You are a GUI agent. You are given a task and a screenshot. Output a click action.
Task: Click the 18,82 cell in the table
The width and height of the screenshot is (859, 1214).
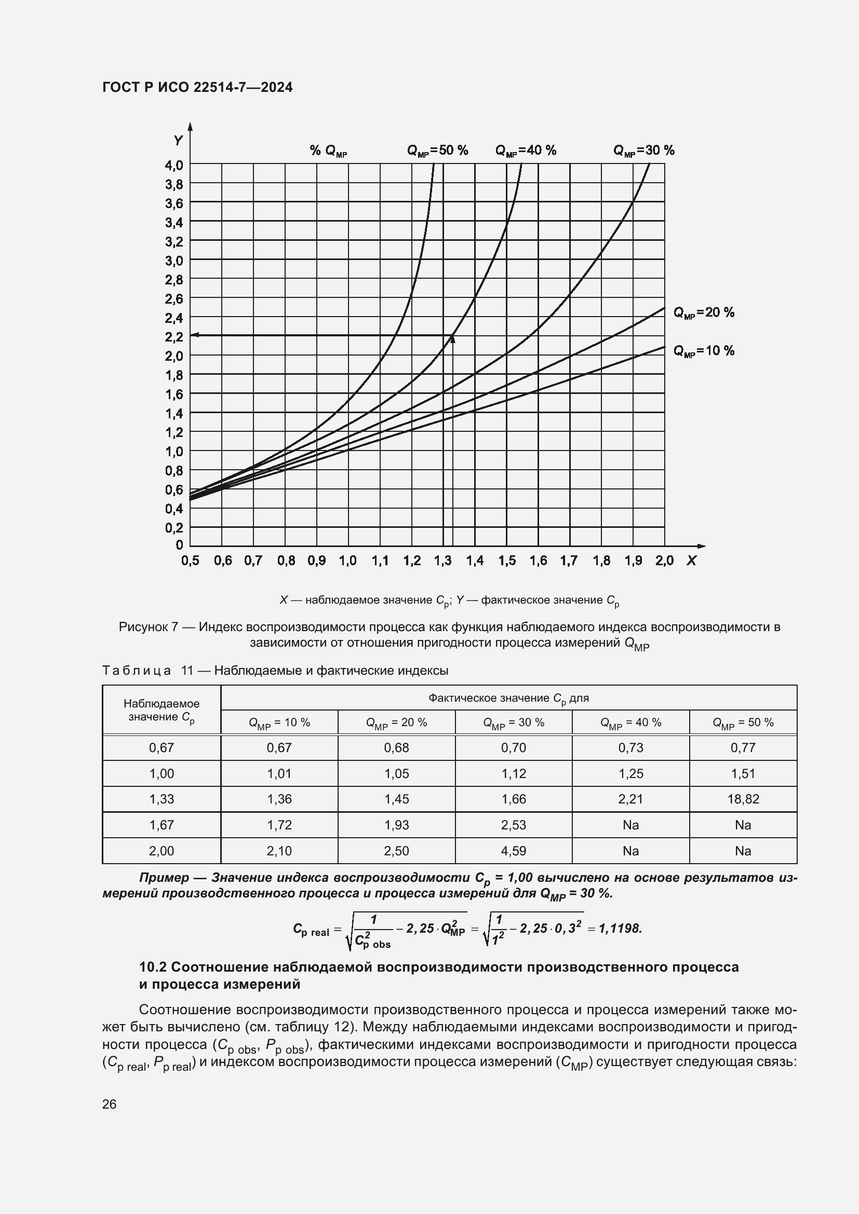[x=743, y=799]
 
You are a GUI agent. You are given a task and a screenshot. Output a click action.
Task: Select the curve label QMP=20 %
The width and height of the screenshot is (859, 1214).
[x=704, y=312]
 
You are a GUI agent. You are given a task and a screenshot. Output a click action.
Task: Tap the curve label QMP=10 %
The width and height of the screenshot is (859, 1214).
[x=704, y=351]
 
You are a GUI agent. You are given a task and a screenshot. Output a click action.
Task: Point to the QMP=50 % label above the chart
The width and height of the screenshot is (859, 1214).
[x=437, y=151]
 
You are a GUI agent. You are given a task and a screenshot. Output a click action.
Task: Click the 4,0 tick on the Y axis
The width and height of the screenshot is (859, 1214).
[x=174, y=166]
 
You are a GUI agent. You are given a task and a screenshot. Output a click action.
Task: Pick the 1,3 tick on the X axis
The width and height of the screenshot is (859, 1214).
[x=442, y=561]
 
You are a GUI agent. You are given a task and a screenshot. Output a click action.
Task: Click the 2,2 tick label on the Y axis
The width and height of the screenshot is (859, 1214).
[x=174, y=337]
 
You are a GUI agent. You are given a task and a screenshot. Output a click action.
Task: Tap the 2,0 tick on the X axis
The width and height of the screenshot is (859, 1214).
[x=664, y=561]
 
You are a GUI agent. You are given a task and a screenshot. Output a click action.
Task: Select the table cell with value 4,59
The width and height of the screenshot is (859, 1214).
[x=513, y=851]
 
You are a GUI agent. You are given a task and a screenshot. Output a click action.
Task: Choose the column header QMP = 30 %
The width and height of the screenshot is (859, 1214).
[x=513, y=723]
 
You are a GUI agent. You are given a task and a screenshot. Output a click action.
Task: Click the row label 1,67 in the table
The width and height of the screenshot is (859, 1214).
[x=162, y=825]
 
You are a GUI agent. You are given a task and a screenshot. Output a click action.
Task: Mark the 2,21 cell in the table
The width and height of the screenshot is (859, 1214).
[x=630, y=799]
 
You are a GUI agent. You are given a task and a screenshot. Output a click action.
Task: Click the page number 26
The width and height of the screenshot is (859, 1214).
[x=109, y=1104]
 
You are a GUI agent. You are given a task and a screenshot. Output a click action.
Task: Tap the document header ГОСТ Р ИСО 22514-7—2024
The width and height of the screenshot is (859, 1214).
[x=197, y=87]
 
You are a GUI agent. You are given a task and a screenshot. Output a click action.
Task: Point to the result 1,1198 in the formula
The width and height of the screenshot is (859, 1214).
[x=620, y=929]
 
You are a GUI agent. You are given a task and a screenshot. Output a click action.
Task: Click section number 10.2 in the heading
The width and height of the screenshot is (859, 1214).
[x=152, y=967]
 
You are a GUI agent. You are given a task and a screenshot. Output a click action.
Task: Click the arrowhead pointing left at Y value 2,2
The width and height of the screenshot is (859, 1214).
[x=194, y=335]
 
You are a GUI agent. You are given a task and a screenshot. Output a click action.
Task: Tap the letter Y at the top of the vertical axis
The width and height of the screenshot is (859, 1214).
[x=178, y=141]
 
